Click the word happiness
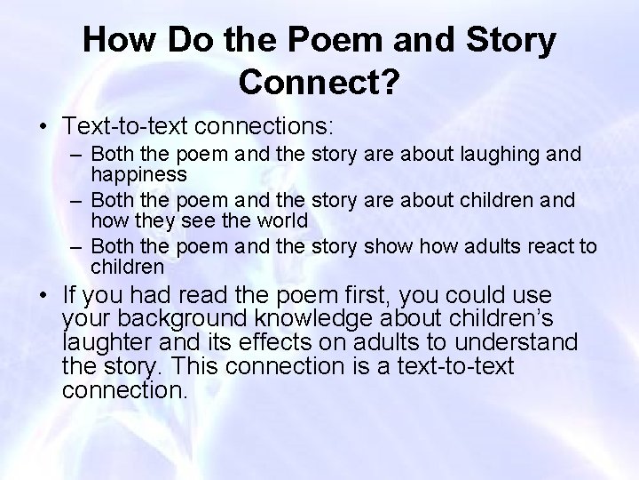pos(138,174)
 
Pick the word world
pos(281,220)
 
